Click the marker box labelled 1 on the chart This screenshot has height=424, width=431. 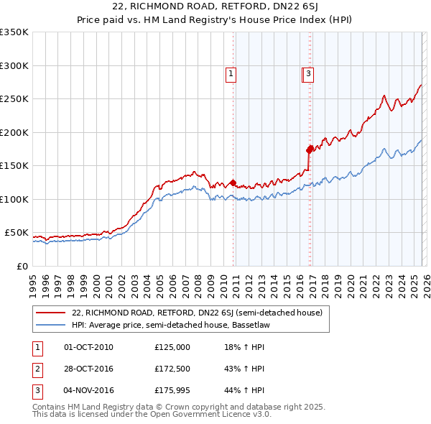click(231, 73)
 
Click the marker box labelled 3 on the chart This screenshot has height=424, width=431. click(308, 73)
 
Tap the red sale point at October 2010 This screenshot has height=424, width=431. click(233, 183)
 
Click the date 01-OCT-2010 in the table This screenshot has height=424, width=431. click(88, 347)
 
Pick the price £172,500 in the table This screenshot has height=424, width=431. click(172, 369)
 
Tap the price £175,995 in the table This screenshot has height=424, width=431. click(172, 390)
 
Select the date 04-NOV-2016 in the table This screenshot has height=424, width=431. click(88, 390)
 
